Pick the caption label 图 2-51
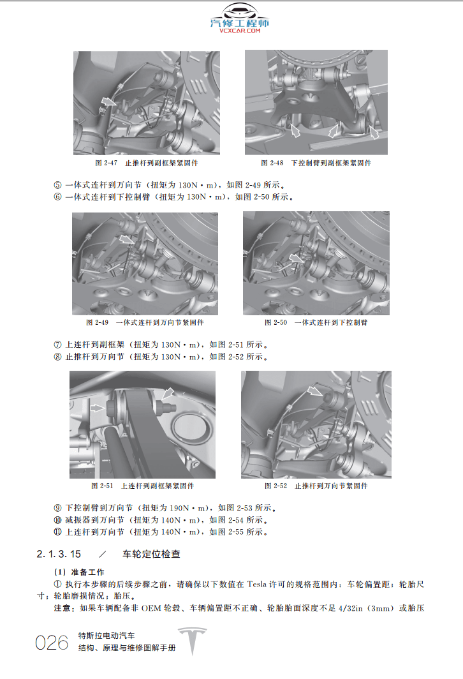102,486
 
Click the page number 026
52,643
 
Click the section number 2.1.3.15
59,553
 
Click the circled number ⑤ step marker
58,185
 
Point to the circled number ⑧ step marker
58,356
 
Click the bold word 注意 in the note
66,608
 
